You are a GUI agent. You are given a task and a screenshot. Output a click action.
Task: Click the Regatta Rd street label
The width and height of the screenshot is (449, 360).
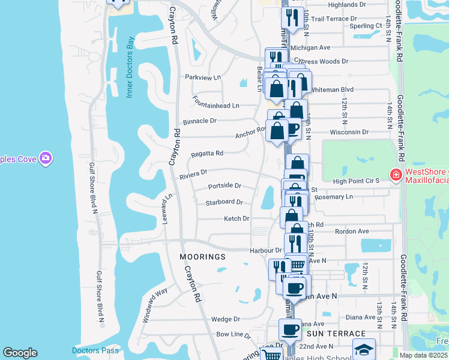[x=207, y=154]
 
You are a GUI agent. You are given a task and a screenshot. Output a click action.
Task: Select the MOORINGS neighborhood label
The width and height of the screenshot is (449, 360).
[x=202, y=257]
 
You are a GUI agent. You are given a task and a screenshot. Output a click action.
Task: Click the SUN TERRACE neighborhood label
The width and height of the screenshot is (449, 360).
[x=336, y=333]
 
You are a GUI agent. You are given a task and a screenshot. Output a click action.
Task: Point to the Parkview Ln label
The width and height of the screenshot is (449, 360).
[x=203, y=77]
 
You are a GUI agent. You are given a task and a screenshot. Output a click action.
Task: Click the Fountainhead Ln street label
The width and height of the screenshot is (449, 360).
[x=215, y=106]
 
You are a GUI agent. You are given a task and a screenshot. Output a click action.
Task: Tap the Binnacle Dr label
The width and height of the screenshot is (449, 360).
[x=199, y=121]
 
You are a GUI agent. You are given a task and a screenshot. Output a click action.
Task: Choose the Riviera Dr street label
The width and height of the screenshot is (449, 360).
[x=193, y=174]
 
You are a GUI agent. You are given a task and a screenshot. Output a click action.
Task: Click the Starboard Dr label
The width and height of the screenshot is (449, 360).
[x=224, y=203]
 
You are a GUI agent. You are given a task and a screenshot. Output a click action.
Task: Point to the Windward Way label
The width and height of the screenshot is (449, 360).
[x=154, y=306]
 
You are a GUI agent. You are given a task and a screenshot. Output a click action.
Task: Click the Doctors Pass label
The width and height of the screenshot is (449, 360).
[x=88, y=350]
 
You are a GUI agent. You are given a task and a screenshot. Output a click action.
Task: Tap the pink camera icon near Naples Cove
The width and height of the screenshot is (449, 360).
[x=46, y=158]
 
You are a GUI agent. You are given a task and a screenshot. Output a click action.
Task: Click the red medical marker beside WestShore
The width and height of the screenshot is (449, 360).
[x=396, y=175]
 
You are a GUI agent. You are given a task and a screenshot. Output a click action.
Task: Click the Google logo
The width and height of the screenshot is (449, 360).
[x=20, y=353]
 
